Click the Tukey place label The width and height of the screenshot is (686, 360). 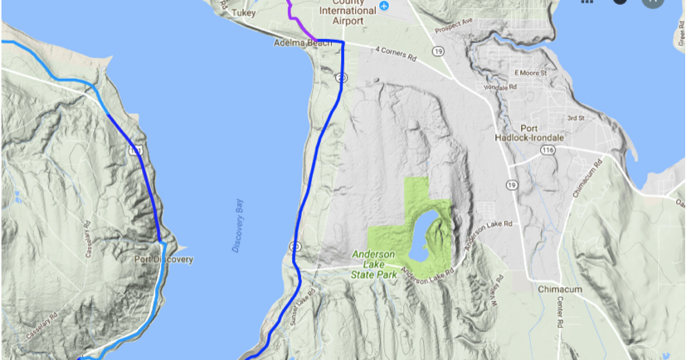(x=242, y=14)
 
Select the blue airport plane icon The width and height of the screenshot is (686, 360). (x=384, y=7)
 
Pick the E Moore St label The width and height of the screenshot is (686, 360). (x=532, y=73)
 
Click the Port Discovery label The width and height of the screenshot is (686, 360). (x=163, y=260)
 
